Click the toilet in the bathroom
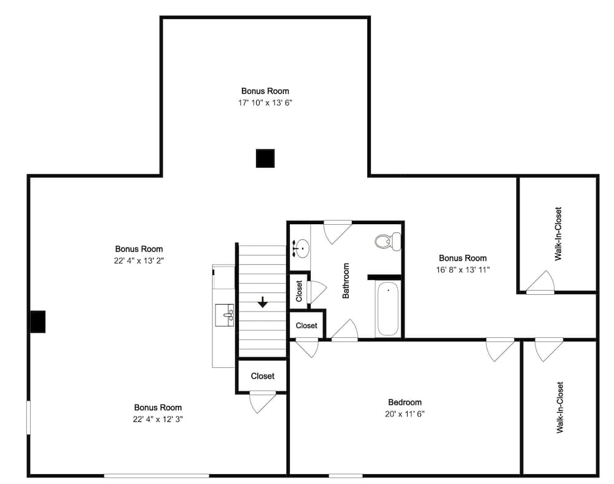tap(387, 241)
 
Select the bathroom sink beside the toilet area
tap(301, 248)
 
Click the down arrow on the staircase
tap(262, 302)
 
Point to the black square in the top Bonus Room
tap(265, 158)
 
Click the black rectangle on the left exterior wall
tap(38, 321)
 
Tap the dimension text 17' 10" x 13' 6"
tap(265, 103)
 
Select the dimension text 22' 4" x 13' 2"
tap(139, 260)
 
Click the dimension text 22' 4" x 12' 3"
tap(158, 419)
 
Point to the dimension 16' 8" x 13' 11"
tap(463, 270)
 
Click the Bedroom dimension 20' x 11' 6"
tap(405, 414)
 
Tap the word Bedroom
tap(405, 402)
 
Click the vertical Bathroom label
tap(346, 280)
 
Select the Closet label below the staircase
tap(262, 376)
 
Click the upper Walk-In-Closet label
tap(558, 234)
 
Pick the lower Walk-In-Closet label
tap(560, 407)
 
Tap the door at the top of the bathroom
tap(338, 232)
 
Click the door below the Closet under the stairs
tap(263, 402)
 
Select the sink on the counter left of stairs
tap(225, 315)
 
